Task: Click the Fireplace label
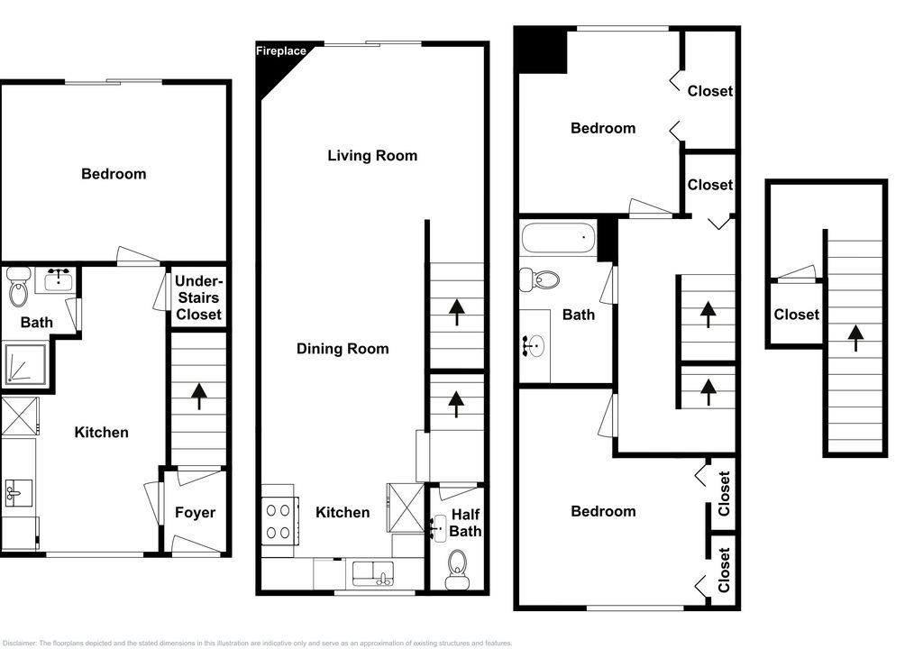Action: [x=281, y=51]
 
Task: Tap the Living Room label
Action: [x=372, y=155]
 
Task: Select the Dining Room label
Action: [x=343, y=349]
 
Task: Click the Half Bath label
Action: [x=465, y=523]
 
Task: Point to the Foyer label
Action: [x=195, y=513]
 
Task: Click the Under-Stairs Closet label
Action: [x=198, y=298]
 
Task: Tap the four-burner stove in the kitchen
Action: [x=279, y=521]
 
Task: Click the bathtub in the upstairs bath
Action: [x=559, y=237]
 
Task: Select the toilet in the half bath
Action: [x=457, y=570]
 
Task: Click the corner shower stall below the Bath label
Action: [x=24, y=365]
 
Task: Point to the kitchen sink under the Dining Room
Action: [x=373, y=574]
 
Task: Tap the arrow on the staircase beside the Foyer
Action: [x=199, y=396]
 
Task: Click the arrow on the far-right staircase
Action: [x=856, y=339]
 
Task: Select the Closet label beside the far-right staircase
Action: [x=797, y=315]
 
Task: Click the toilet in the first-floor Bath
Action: [x=19, y=287]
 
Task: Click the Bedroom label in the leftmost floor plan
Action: [x=114, y=174]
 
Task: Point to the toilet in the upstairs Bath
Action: [x=540, y=279]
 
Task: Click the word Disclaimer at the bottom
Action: [x=20, y=643]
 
